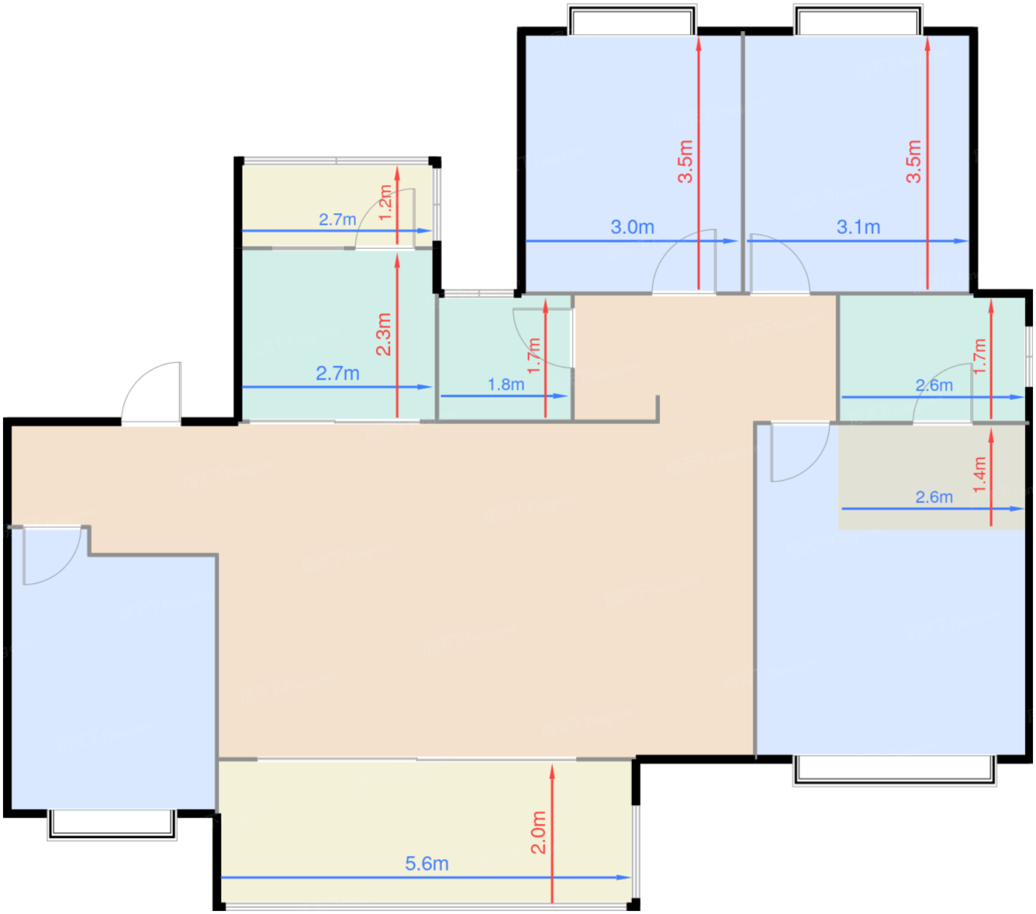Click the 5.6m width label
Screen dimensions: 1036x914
coord(426,864)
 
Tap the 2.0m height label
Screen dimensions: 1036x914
coord(539,833)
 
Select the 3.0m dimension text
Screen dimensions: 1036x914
coord(633,227)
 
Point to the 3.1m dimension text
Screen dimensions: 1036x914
coord(858,227)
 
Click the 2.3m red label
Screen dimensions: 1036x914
coord(383,335)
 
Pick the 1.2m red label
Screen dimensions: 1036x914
coord(385,203)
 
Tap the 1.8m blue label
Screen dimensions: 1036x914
coord(505,385)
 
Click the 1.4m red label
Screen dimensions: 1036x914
coord(979,475)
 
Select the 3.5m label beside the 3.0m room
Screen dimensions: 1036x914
coord(685,161)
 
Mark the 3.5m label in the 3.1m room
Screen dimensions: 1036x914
coord(914,161)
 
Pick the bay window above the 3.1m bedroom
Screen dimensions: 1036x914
coord(858,19)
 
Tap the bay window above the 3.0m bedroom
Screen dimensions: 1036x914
coord(632,19)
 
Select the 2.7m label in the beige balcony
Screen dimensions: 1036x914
coord(337,220)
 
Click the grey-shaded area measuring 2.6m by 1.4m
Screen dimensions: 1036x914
coord(932,477)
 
